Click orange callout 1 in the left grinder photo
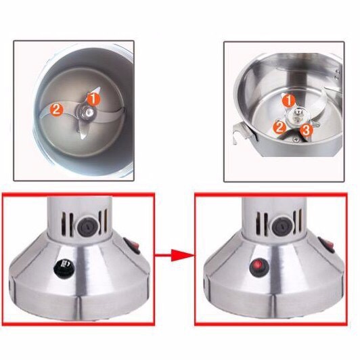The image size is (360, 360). (x=93, y=99)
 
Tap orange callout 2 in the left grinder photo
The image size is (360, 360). (x=56, y=110)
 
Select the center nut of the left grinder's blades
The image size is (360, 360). (x=87, y=112)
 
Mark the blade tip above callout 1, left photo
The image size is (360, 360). (x=99, y=88)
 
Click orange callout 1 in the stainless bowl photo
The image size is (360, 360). (x=288, y=100)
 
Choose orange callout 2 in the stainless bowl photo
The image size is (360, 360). (x=279, y=127)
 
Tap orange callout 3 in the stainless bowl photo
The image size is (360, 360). (x=307, y=130)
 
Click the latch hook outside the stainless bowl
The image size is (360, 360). (x=242, y=133)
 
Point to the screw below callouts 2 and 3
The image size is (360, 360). (x=296, y=139)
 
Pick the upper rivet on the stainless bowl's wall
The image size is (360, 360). (x=337, y=72)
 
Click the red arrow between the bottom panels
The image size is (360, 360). (x=174, y=255)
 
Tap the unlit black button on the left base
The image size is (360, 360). (x=65, y=267)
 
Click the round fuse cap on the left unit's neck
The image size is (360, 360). (x=87, y=227)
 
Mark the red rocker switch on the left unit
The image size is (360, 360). (x=133, y=246)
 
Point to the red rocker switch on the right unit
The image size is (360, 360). (x=327, y=245)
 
